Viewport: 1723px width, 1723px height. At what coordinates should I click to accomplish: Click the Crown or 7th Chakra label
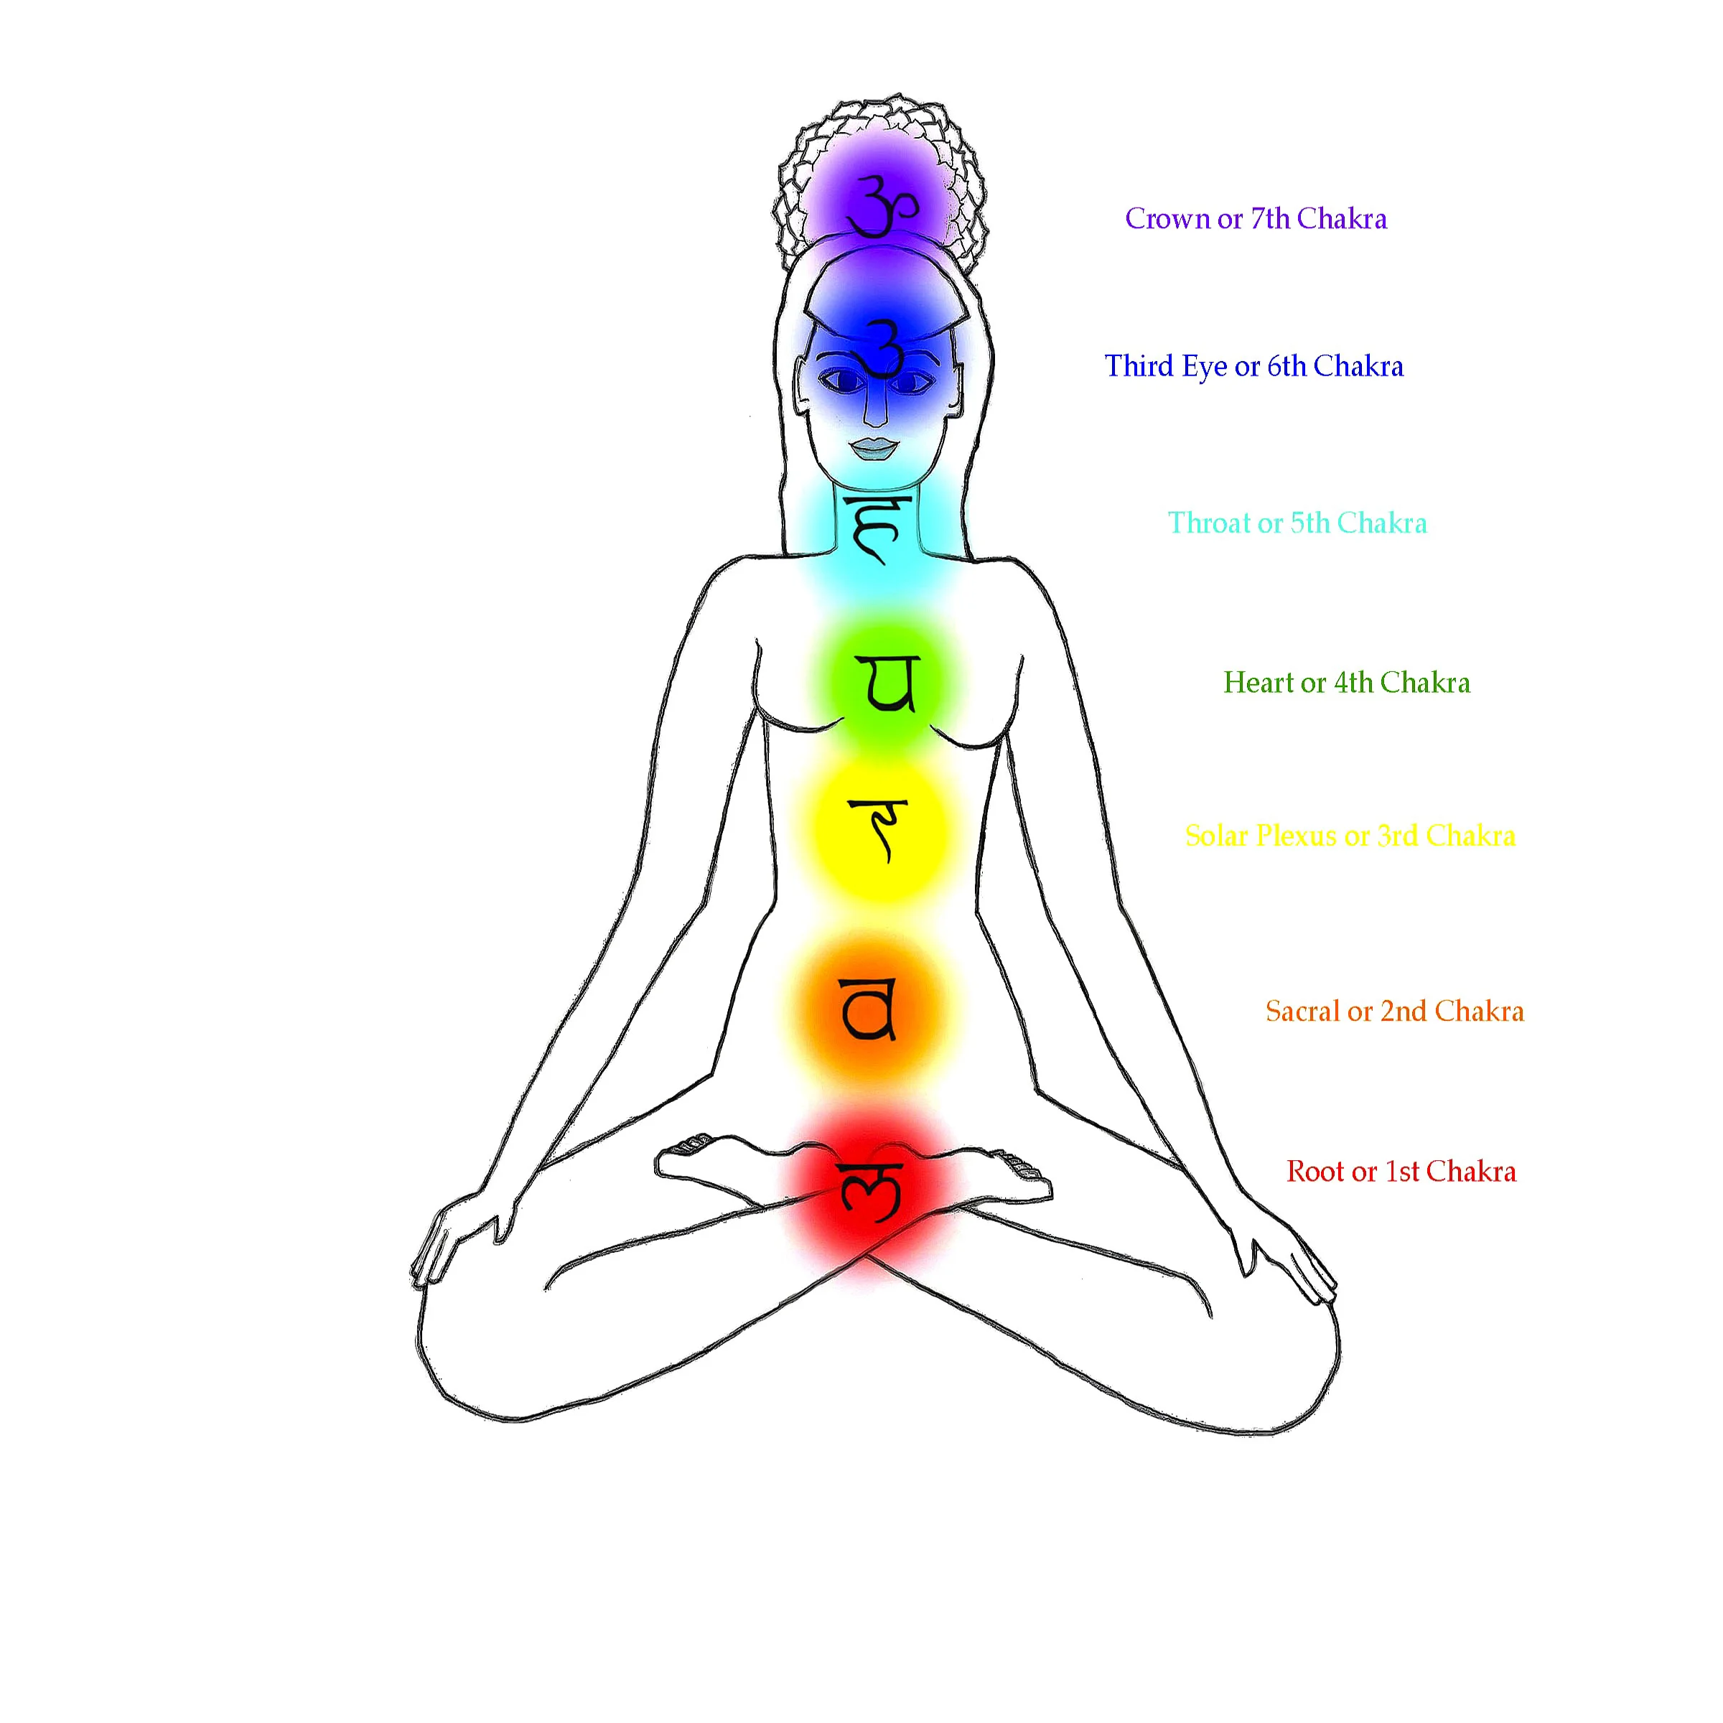1255,218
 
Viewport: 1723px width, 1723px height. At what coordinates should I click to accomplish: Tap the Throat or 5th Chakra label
1297,523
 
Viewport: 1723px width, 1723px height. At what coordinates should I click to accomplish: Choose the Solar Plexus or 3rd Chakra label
1350,836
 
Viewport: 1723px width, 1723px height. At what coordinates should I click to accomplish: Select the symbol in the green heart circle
887,684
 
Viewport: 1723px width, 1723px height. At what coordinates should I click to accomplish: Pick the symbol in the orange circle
869,1009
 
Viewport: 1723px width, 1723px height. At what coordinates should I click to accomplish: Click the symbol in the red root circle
869,1190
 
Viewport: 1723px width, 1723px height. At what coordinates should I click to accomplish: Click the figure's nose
877,410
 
